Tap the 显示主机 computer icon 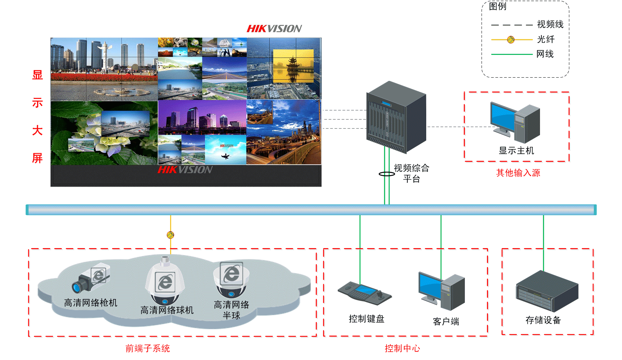point(515,123)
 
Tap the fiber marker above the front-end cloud point(170,235)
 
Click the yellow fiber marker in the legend point(511,40)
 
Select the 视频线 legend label point(550,25)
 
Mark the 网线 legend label point(545,54)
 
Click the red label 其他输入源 point(518,173)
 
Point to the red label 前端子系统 point(147,348)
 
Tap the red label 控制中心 point(402,348)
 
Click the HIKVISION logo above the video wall point(274,29)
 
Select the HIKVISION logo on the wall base point(185,170)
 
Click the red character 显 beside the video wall point(38,75)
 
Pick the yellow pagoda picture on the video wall point(293,66)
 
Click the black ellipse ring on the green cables point(386,174)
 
